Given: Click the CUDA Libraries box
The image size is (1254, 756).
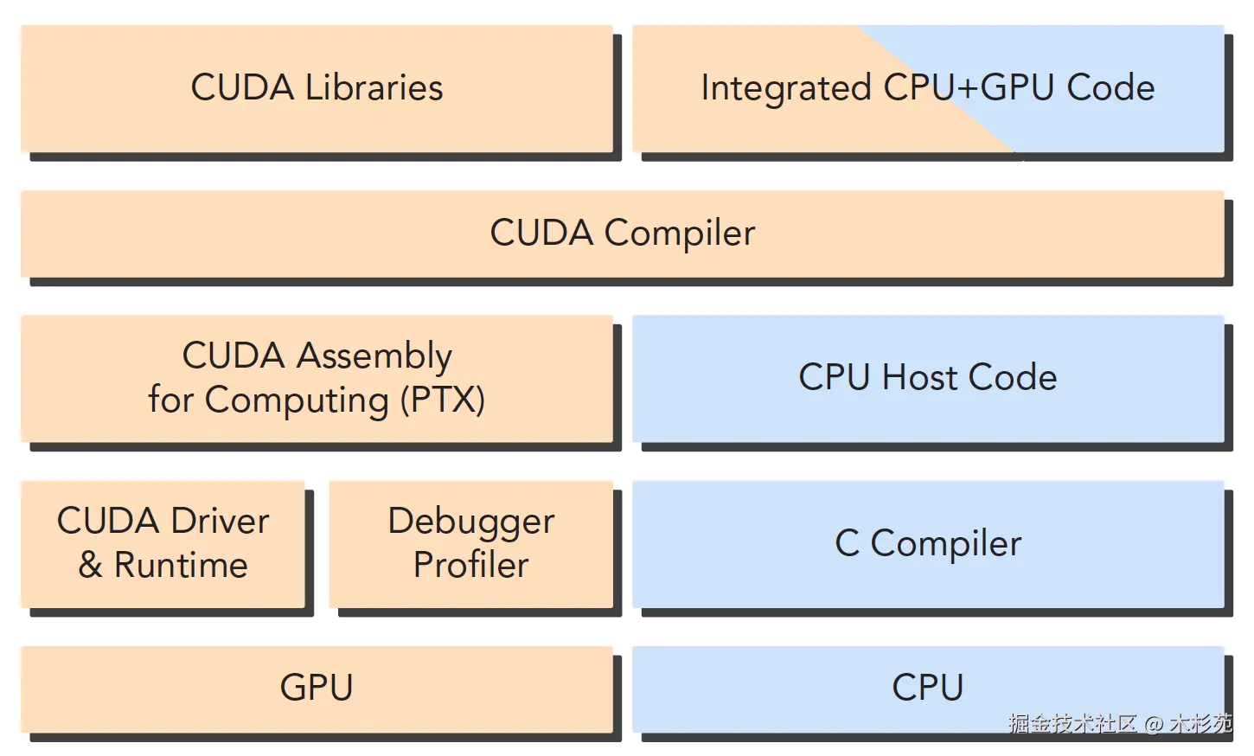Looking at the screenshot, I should point(317,88).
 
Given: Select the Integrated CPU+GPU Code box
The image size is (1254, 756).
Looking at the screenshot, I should point(927,88).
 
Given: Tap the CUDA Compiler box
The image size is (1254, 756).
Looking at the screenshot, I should point(622,234).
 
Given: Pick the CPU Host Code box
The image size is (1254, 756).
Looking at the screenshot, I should point(927,378).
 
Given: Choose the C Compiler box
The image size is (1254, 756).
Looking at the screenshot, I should point(927,544).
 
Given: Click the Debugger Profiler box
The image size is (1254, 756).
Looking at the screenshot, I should point(470,543).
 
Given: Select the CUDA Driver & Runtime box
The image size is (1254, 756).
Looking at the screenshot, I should point(163,543).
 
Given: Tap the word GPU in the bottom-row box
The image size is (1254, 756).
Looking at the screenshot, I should point(317,689).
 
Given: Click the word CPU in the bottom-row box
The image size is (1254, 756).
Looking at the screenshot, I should point(927,689).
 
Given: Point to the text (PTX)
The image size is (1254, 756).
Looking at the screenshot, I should point(443,400).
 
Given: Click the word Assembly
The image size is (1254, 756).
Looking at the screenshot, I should point(374,356).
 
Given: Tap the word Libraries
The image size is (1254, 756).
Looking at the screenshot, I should point(374,88).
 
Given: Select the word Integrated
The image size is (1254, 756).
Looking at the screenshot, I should point(785,88).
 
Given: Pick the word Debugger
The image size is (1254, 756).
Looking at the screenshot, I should point(470,522).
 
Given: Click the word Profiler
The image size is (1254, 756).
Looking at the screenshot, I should point(470,566).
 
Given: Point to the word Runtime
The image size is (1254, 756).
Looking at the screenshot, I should point(181,566).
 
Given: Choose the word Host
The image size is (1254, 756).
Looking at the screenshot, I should point(919,378).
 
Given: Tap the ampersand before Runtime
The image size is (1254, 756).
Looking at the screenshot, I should point(90,566).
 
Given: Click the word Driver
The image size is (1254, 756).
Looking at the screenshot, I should point(220,522).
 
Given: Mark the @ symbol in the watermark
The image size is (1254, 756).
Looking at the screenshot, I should point(1153,724).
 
